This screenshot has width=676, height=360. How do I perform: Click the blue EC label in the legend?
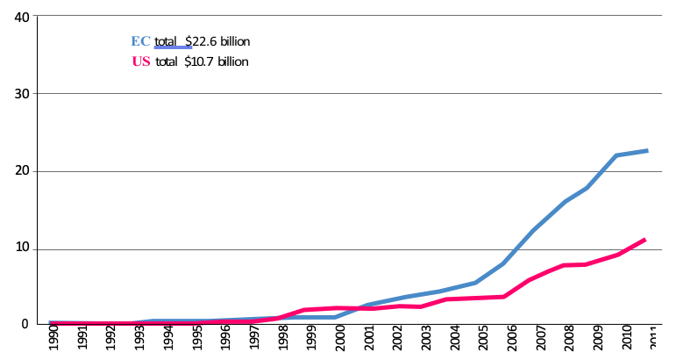click(140, 41)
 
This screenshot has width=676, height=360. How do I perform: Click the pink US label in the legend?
click(140, 61)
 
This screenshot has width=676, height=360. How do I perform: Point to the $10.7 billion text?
click(216, 61)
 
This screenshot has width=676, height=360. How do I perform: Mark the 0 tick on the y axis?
click(25, 325)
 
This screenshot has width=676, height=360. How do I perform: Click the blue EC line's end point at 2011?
click(647, 151)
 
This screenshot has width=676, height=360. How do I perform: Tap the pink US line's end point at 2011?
click(645, 239)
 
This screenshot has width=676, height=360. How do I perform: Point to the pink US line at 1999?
click(304, 310)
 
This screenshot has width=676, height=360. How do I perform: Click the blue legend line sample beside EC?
click(173, 47)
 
